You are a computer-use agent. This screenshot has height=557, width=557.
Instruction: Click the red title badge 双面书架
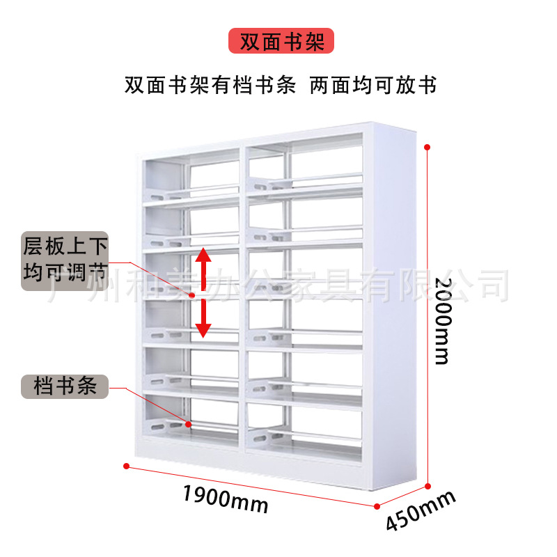coord(281,41)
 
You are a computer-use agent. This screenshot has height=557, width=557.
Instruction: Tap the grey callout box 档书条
coord(65,385)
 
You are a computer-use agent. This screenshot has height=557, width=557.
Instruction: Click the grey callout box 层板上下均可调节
coord(65,260)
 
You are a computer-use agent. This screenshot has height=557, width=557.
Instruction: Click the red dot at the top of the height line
coord(427,147)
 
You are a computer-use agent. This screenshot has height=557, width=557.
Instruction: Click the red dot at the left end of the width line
coord(126,465)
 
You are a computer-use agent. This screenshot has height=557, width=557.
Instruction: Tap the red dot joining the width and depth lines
coord(377,506)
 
